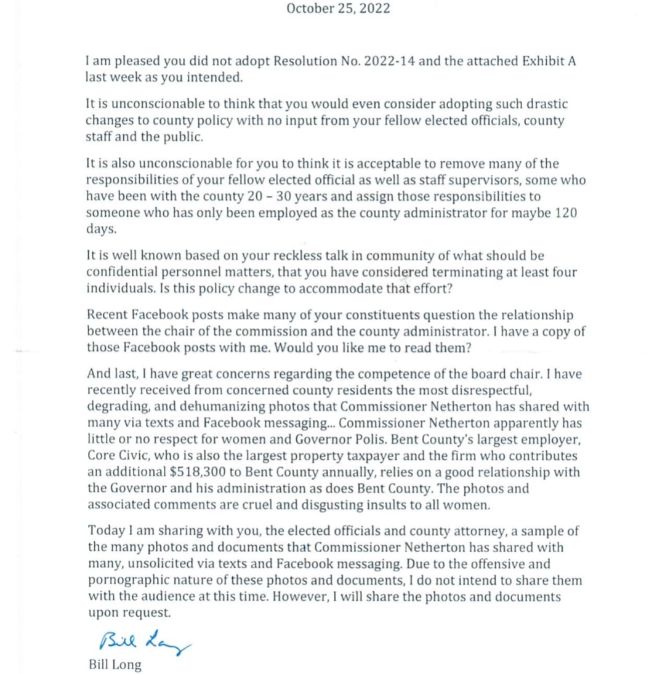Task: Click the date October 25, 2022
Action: [x=338, y=9]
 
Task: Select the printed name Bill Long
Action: [x=115, y=665]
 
